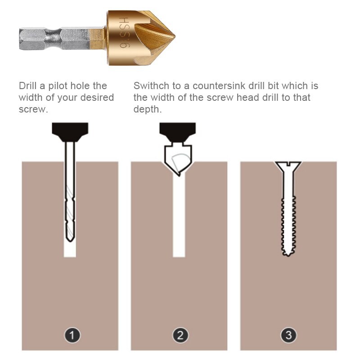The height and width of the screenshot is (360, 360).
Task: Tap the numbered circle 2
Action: pyautogui.click(x=180, y=335)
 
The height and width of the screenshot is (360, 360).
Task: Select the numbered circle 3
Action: pyautogui.click(x=288, y=335)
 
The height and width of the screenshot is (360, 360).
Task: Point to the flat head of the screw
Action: pyautogui.click(x=288, y=165)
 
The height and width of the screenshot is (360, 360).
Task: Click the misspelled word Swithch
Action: pyautogui.click(x=152, y=85)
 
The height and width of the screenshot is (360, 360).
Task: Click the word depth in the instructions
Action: pyautogui.click(x=147, y=109)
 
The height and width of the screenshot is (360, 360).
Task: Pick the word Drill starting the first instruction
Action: pyautogui.click(x=27, y=85)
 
